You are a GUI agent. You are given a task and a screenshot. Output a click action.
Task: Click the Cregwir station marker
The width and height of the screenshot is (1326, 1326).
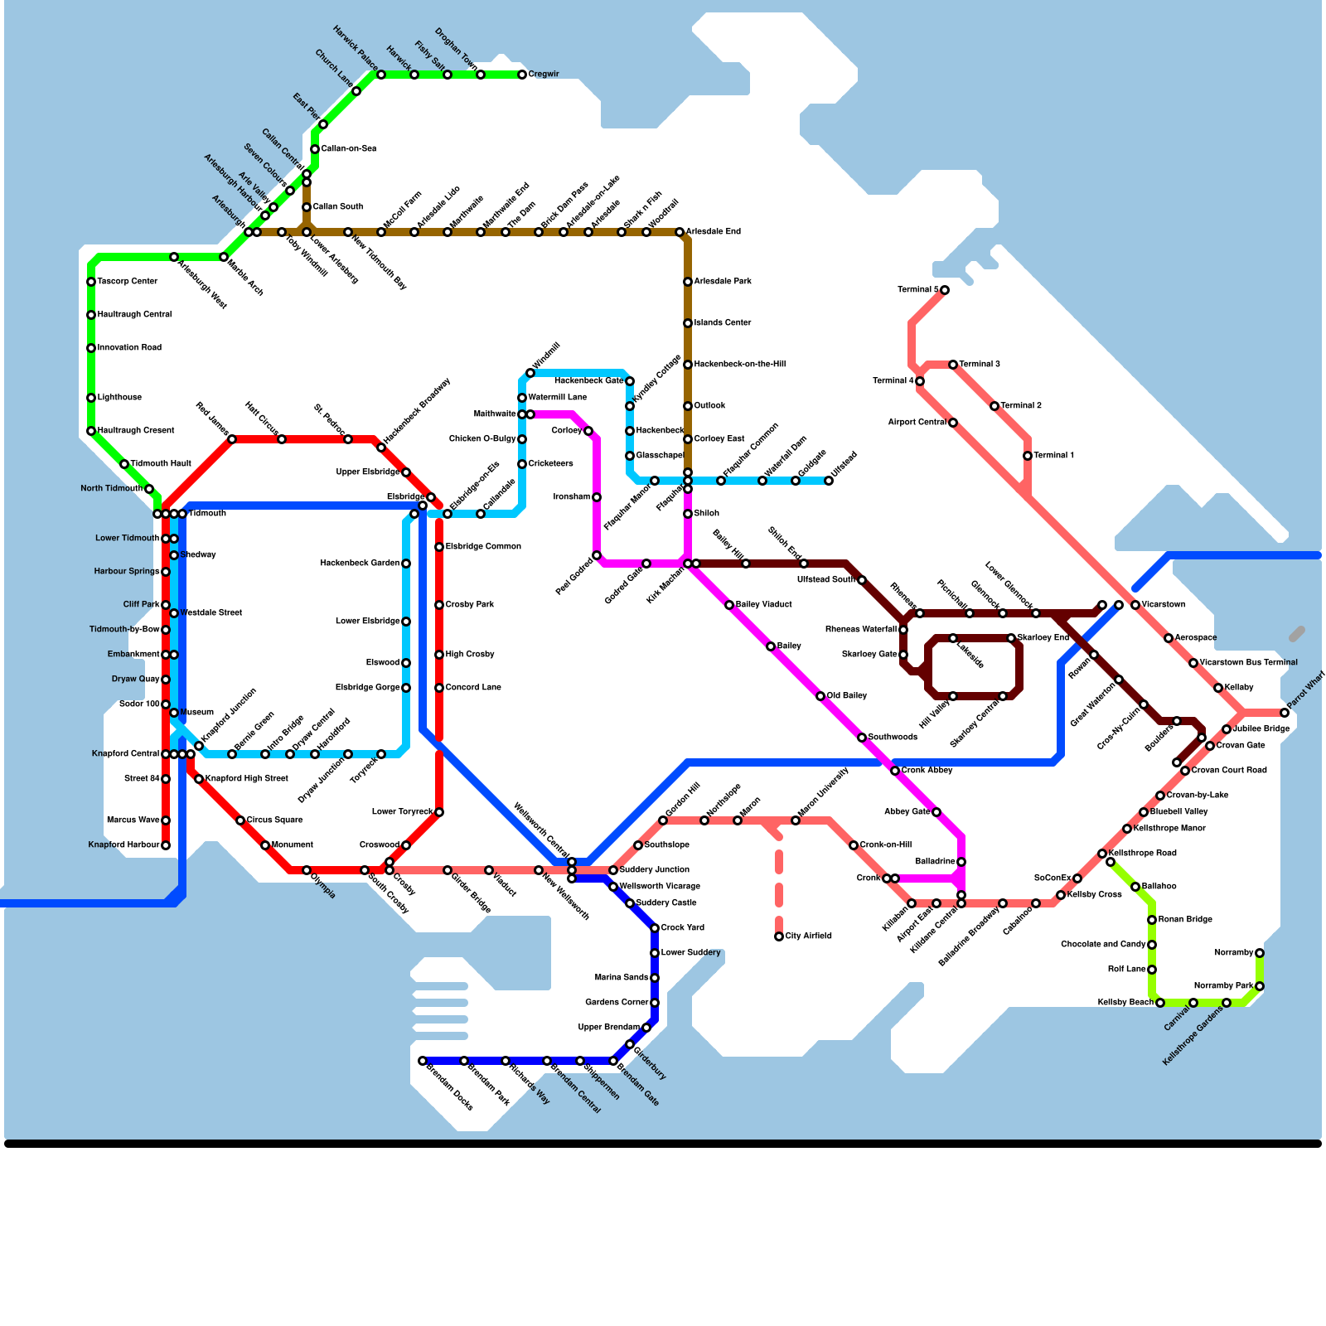click(x=522, y=75)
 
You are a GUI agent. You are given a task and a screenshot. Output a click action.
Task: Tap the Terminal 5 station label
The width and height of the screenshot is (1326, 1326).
click(x=918, y=290)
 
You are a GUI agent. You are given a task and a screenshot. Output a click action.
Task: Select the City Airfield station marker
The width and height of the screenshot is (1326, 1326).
click(x=779, y=936)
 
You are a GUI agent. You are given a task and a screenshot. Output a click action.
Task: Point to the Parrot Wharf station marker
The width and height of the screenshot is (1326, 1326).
click(x=1285, y=713)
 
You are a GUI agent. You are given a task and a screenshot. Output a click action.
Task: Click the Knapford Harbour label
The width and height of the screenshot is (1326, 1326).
click(x=123, y=845)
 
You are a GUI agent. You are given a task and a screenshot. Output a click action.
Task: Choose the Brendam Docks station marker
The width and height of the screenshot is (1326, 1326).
click(x=423, y=1061)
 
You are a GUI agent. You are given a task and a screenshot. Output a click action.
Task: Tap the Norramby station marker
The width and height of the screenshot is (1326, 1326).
click(x=1260, y=953)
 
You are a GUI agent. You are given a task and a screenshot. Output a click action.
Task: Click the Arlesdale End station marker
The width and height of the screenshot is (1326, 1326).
click(x=680, y=232)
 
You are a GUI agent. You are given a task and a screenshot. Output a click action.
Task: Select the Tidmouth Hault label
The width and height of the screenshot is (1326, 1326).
click(x=161, y=464)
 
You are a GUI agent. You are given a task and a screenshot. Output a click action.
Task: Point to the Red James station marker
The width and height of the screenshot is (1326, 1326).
click(x=232, y=439)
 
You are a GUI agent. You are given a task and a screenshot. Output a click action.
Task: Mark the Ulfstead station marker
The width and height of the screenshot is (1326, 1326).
click(x=829, y=481)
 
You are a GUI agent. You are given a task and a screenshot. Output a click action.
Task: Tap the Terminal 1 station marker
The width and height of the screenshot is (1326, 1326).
click(x=1028, y=456)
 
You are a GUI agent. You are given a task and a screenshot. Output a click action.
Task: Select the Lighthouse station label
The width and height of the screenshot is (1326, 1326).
click(x=119, y=398)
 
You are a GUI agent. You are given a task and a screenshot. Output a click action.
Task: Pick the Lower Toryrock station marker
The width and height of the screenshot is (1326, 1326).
click(x=439, y=812)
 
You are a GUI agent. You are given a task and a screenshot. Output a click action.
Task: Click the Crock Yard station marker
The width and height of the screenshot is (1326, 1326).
click(x=655, y=928)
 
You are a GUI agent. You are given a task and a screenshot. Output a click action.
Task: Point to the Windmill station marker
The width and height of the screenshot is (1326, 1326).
click(x=530, y=373)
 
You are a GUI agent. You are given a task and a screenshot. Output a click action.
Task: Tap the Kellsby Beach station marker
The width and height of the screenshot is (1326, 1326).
click(x=1160, y=1003)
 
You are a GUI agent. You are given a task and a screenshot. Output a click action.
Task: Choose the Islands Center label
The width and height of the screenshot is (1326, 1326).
click(x=723, y=323)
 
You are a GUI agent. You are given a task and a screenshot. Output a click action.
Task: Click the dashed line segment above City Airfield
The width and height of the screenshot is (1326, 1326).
click(x=779, y=878)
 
